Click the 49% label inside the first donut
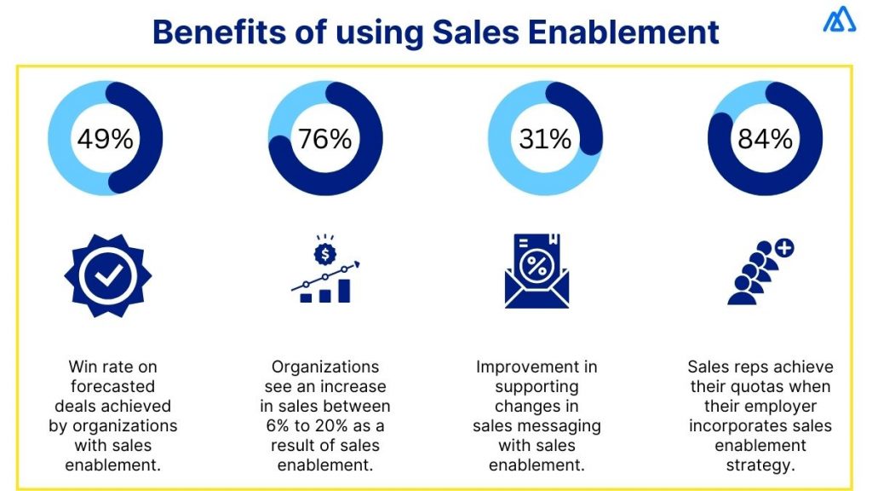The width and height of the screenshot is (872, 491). (106, 138)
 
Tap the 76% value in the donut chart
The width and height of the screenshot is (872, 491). (324, 138)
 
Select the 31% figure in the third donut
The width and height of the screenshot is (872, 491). (545, 138)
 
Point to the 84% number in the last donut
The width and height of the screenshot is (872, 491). (765, 138)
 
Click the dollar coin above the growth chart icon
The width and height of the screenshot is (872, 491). (325, 252)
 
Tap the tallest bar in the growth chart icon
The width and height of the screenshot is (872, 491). (344, 290)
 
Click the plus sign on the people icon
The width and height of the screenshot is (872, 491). (784, 249)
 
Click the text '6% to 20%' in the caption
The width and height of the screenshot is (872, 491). (324, 425)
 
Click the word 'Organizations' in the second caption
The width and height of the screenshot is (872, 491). (324, 367)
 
